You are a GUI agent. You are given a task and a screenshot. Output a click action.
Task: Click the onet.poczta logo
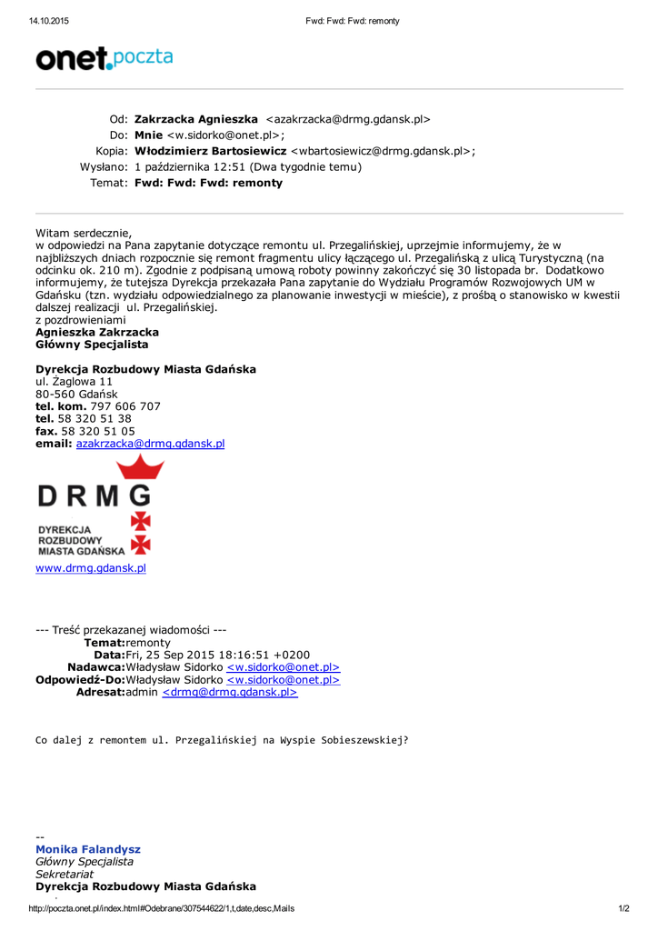tap(104, 59)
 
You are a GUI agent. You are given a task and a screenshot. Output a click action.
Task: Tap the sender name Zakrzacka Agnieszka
tap(195, 119)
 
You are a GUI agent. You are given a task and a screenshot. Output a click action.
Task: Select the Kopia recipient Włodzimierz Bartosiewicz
tap(210, 151)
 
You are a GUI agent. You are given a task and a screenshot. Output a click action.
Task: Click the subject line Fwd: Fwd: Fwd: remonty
tap(208, 183)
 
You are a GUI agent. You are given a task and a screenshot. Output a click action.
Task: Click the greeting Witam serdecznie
tap(84, 233)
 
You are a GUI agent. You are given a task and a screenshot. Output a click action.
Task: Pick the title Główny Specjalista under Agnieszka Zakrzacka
tap(92, 345)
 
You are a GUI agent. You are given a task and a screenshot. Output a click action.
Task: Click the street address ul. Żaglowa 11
tap(75, 382)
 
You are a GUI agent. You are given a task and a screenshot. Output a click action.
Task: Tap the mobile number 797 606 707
tap(125, 406)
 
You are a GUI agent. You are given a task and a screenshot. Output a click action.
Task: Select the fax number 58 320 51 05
tap(98, 431)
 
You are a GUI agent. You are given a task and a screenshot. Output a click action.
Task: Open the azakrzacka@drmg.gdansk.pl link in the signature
tap(150, 444)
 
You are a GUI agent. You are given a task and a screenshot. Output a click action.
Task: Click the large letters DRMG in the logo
tap(95, 496)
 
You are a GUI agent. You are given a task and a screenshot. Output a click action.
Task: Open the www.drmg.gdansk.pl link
tap(91, 568)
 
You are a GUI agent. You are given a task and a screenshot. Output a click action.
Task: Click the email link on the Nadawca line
tap(283, 667)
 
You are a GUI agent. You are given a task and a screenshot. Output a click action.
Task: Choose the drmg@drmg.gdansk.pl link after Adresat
tap(230, 692)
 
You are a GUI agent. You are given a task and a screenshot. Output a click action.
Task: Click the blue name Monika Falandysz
tap(88, 849)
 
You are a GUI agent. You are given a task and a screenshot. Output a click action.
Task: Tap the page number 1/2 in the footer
tap(623, 908)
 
